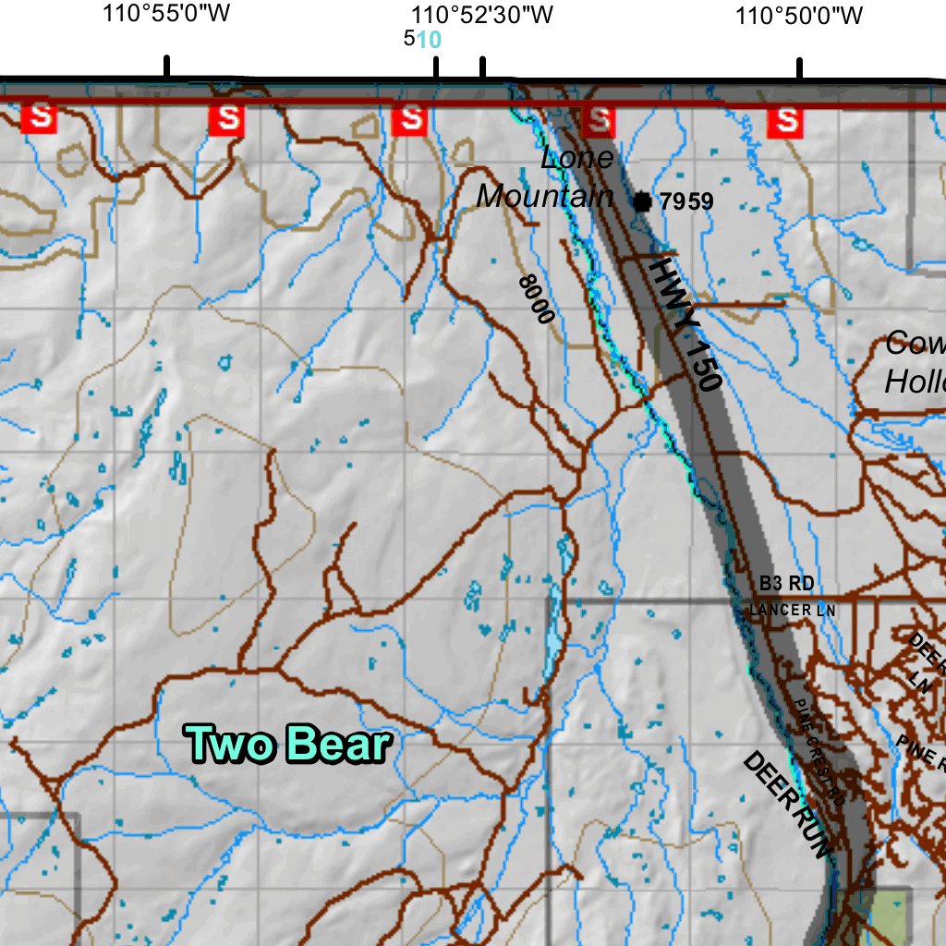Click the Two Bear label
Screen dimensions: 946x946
pos(288,745)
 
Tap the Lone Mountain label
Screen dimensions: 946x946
pos(547,177)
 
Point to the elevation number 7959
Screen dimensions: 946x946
pos(687,200)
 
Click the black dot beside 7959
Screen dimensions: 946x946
pos(642,200)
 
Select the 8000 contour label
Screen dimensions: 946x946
pos(536,299)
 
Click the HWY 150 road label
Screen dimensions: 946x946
pos(684,323)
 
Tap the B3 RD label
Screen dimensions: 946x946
pos(786,583)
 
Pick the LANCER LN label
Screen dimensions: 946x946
pos(792,610)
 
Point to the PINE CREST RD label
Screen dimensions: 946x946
pos(819,748)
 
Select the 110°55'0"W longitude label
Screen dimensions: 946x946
pos(166,16)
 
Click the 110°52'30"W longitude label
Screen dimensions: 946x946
pos(481,16)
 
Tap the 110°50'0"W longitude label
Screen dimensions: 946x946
pos(799,16)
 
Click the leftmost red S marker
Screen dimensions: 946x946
pos(40,118)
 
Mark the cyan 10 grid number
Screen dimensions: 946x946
pos(430,39)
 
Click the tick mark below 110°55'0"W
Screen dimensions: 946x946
pos(166,67)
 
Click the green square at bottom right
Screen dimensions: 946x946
pos(890,909)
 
